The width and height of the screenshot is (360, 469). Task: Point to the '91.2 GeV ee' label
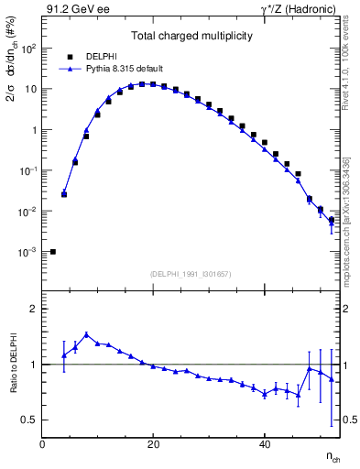pyautogui.click(x=78, y=10)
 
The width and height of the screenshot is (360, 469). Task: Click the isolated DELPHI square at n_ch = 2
pyautogui.click(x=53, y=252)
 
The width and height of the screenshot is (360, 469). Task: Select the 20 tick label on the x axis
pyautogui.click(x=153, y=444)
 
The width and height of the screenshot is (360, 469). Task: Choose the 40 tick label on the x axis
pyautogui.click(x=265, y=444)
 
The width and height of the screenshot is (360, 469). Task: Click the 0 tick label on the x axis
pyautogui.click(x=42, y=444)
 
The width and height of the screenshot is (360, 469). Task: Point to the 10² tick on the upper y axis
pyautogui.click(x=29, y=49)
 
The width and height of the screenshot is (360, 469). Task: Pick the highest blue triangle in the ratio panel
pyautogui.click(x=86, y=335)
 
